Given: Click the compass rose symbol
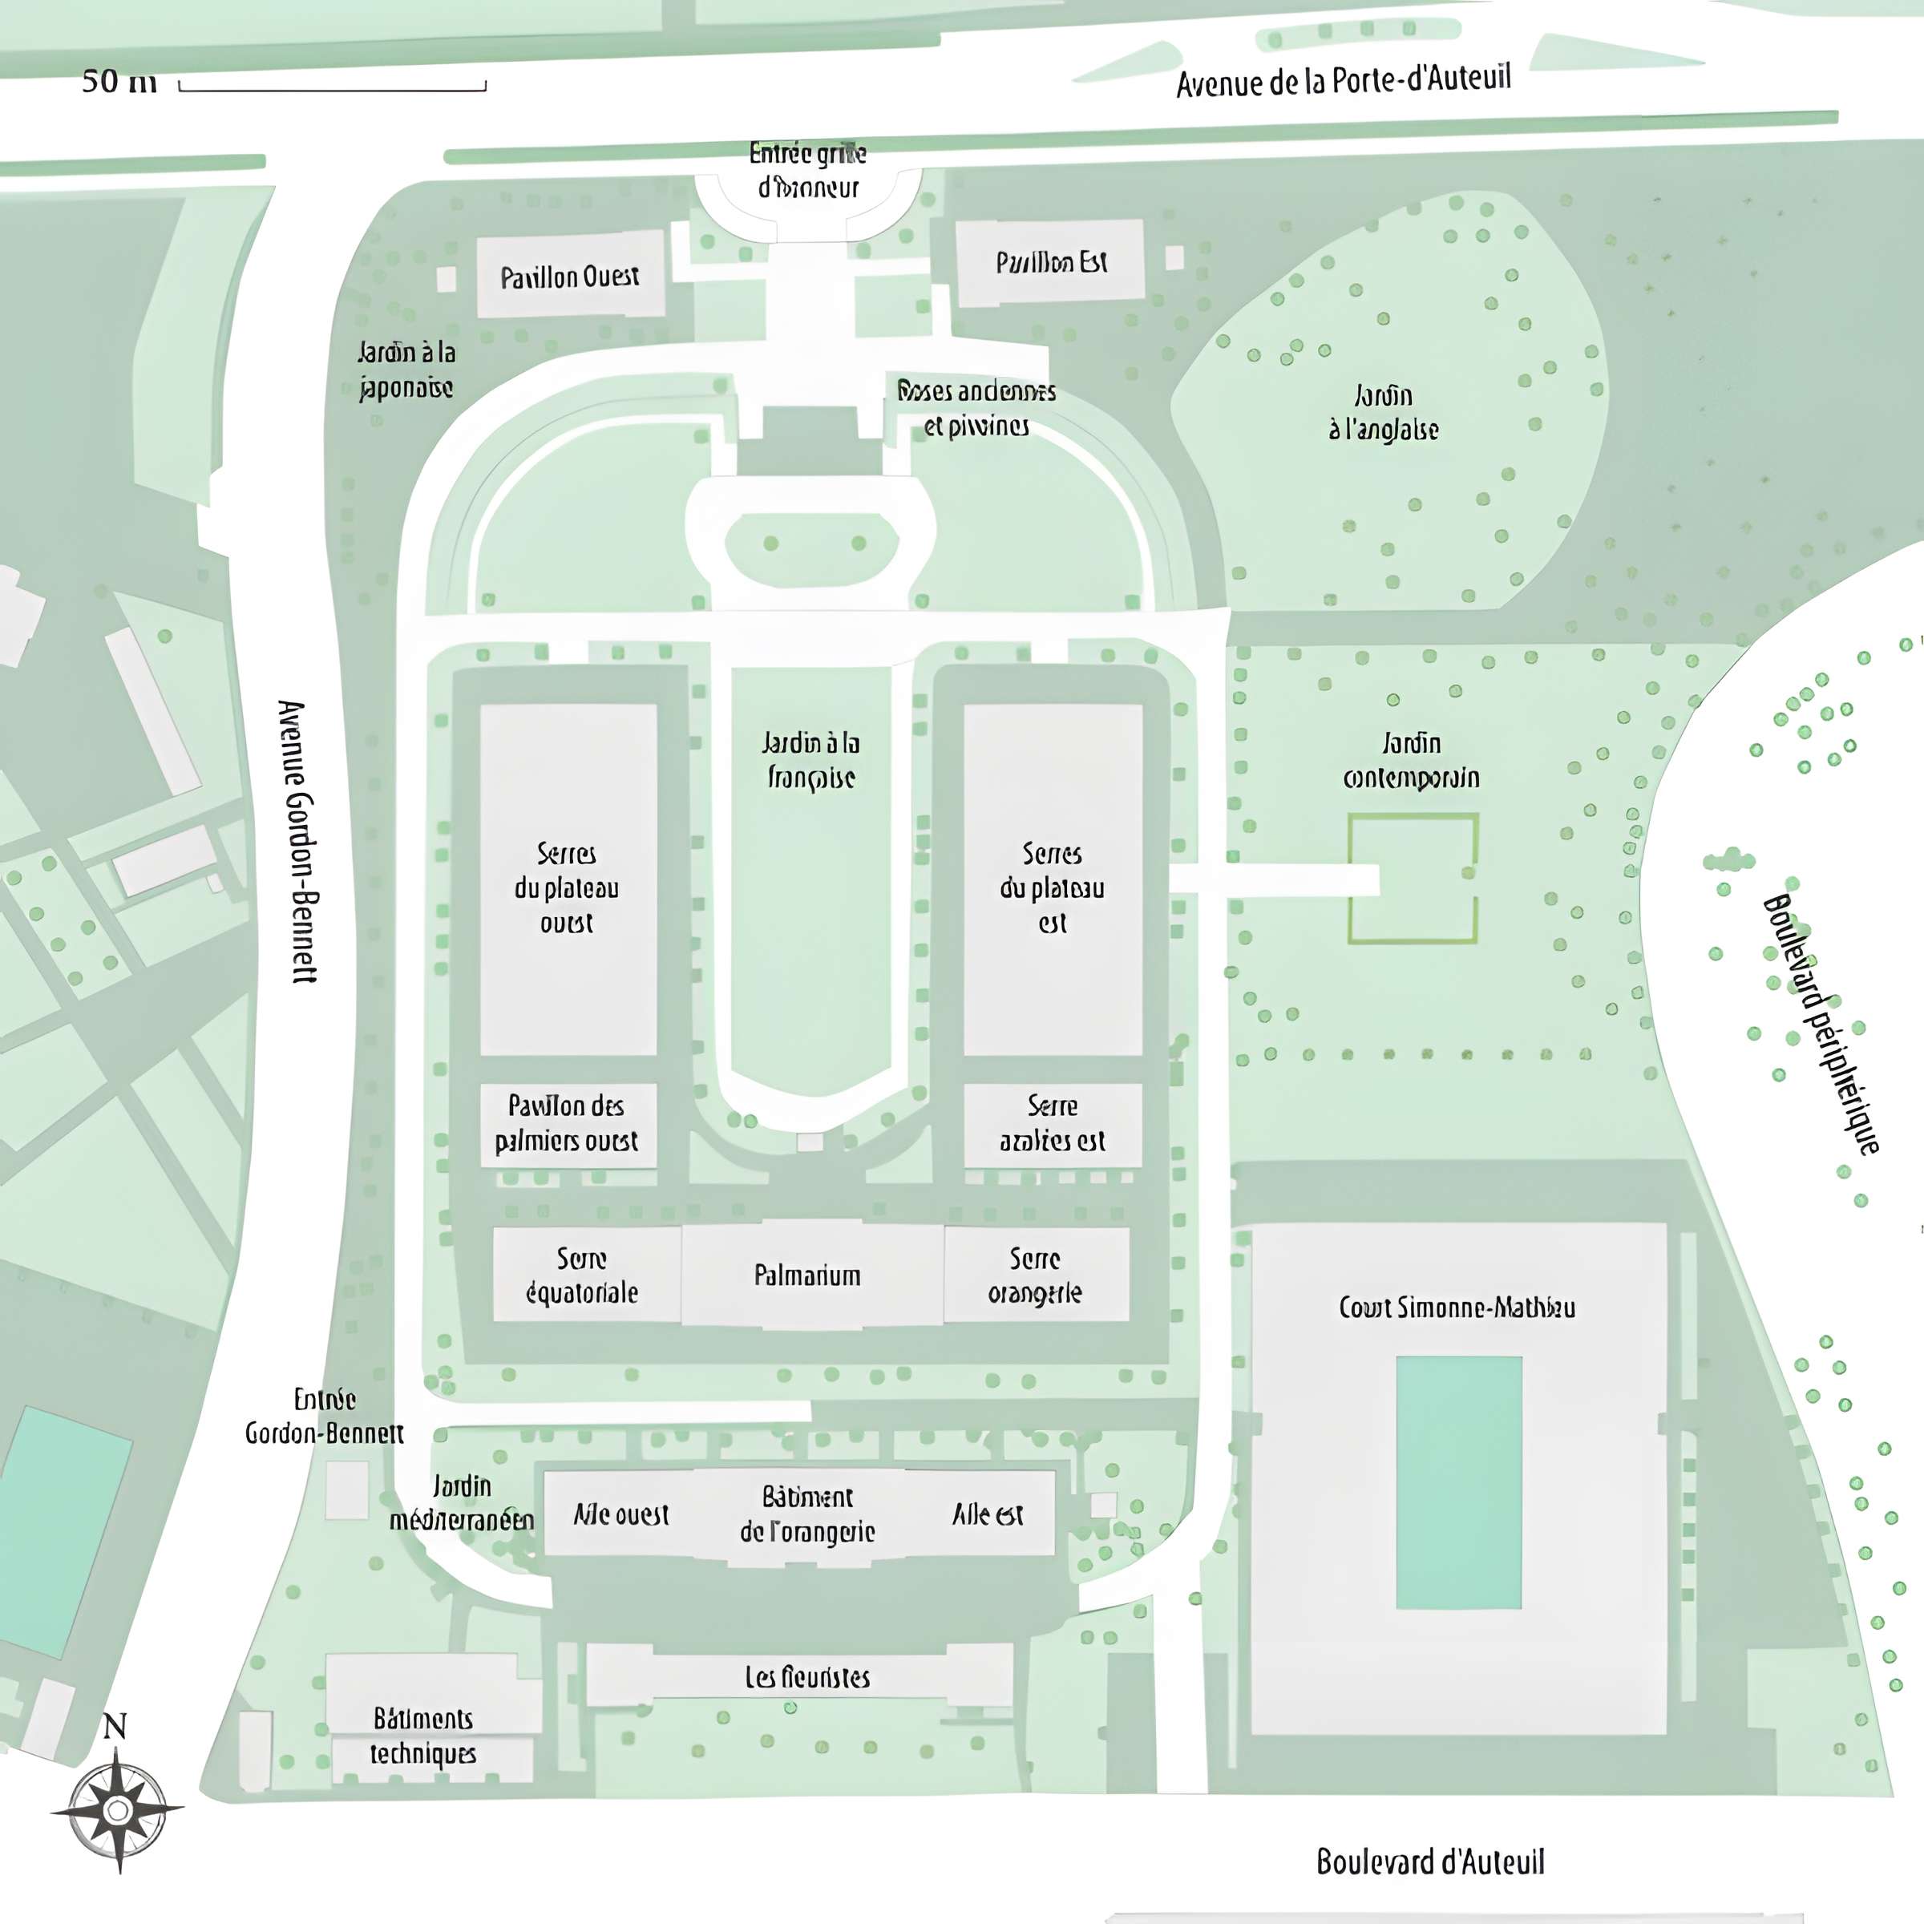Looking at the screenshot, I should coord(118,1809).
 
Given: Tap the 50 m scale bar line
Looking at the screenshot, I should coord(333,90).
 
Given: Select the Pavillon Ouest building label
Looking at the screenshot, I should coord(570,276).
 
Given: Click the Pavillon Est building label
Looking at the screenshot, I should coord(1052,262).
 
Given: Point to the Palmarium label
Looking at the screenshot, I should coord(806,1275).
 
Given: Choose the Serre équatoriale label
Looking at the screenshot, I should coord(581,1275).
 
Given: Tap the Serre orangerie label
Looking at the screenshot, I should coord(1035,1275).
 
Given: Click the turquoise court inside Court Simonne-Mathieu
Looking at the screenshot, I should coord(1459,1481).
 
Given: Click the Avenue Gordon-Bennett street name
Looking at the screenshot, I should coord(297,842).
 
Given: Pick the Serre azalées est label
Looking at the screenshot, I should coord(1052,1123).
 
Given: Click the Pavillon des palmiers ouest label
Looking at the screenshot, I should coord(567,1123).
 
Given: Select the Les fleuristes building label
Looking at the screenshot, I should coord(806,1677).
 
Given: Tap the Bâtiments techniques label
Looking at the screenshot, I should coord(423,1736).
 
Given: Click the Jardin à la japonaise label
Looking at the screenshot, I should coord(406,370).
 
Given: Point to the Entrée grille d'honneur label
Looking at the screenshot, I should coord(807,170).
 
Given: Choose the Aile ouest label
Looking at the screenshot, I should coord(621,1514).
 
